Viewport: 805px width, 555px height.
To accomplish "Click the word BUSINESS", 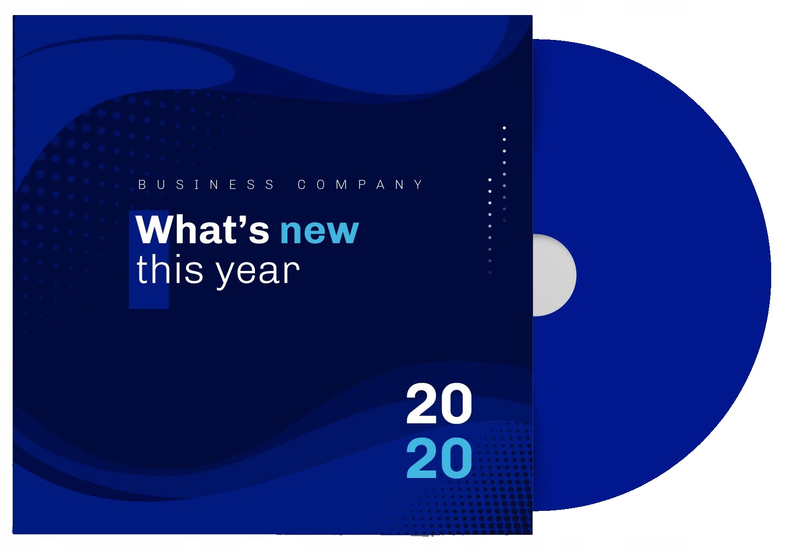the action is [x=207, y=185].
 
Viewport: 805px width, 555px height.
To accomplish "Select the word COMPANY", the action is [x=360, y=185].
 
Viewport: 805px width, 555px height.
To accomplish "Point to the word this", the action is [x=170, y=270].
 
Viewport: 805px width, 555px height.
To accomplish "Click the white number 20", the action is [x=439, y=403].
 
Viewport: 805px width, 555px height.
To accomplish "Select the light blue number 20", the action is [x=439, y=458].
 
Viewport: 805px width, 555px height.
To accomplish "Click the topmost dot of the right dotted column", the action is [x=504, y=128].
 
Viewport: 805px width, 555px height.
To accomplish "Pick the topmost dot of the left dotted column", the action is [x=490, y=180].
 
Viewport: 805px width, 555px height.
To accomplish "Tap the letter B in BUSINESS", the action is [x=142, y=185].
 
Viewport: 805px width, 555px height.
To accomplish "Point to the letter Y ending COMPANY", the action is [x=418, y=185].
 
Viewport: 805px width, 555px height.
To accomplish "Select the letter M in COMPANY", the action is [x=341, y=185].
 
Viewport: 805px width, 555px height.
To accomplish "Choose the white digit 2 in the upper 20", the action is [x=422, y=403].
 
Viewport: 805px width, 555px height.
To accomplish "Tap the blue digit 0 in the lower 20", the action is [x=456, y=458].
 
